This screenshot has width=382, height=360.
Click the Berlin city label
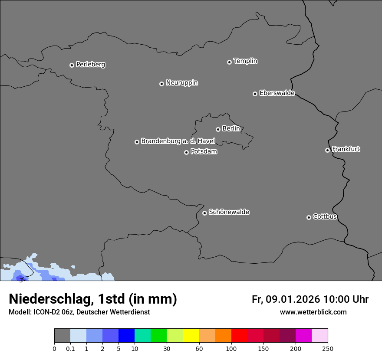point(231,128)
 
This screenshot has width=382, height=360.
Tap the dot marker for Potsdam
point(186,152)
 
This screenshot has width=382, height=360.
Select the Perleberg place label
point(90,65)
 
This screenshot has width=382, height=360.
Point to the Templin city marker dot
point(229,62)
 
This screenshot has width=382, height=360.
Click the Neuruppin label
point(181,83)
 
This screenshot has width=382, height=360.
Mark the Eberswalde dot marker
point(255,94)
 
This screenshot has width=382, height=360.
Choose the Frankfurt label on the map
point(346,149)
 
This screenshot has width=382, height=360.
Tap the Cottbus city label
point(325,216)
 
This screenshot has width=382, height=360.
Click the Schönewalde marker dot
point(204,213)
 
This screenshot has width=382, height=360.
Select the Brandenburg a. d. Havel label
point(178,141)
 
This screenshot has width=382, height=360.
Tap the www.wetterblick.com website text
point(313,312)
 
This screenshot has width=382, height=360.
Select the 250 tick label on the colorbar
point(328,348)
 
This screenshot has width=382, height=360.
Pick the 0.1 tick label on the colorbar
point(70,348)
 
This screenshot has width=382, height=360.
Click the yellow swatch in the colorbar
point(191,336)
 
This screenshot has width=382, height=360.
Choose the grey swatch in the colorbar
point(62,336)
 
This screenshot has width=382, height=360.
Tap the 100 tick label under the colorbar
point(231,348)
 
